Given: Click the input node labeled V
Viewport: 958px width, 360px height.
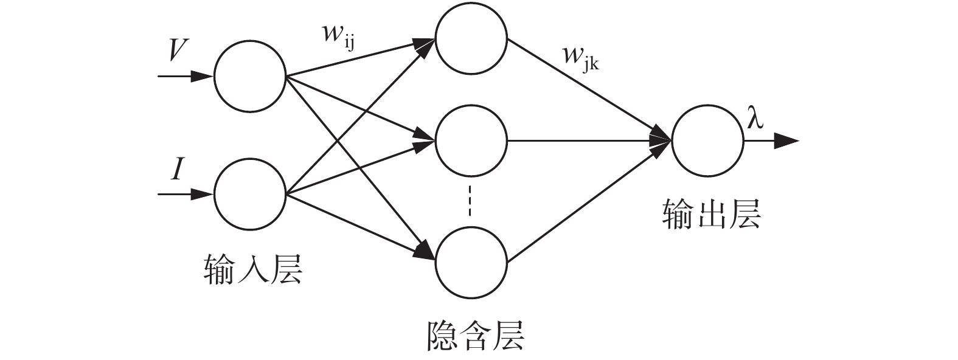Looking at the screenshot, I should point(249,77).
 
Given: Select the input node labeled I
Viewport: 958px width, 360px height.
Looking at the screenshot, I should point(249,195).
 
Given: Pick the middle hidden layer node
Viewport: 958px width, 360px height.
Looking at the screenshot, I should point(471,141).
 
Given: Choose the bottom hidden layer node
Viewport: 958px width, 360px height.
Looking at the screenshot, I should point(471,263).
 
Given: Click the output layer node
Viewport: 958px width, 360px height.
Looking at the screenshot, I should point(707,141).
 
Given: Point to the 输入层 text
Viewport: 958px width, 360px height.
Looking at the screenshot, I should point(253,268).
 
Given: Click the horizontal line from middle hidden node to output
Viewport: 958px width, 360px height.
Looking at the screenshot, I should point(584,141).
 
